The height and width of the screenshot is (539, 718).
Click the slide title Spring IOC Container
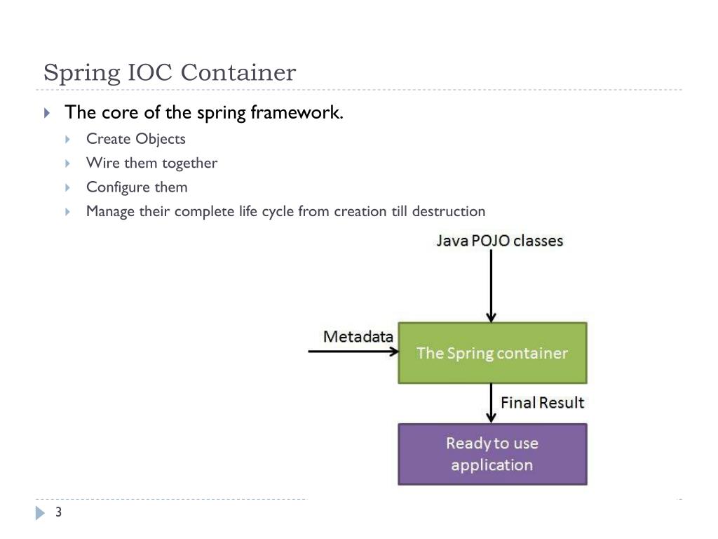coord(170,72)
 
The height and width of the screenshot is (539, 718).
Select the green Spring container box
coord(492,353)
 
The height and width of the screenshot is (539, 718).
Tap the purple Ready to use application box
coord(492,454)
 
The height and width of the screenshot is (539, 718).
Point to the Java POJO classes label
coord(499,241)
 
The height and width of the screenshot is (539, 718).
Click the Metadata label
coord(358,336)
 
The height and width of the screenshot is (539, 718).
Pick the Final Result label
coord(542,402)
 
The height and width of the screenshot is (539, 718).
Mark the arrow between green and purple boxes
coord(492,403)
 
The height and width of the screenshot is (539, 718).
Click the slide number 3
coord(59,512)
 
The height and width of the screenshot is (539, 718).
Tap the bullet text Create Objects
coord(136,139)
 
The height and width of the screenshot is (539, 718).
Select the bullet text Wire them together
coord(151,163)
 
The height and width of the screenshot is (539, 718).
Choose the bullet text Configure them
coord(137,187)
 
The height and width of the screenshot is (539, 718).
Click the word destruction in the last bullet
coord(449,211)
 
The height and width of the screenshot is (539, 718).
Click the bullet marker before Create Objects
coord(68,140)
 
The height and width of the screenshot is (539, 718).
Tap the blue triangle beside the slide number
coord(39,513)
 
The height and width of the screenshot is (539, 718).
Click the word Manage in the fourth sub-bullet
coord(110,211)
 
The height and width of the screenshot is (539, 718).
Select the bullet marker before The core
coord(47,113)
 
